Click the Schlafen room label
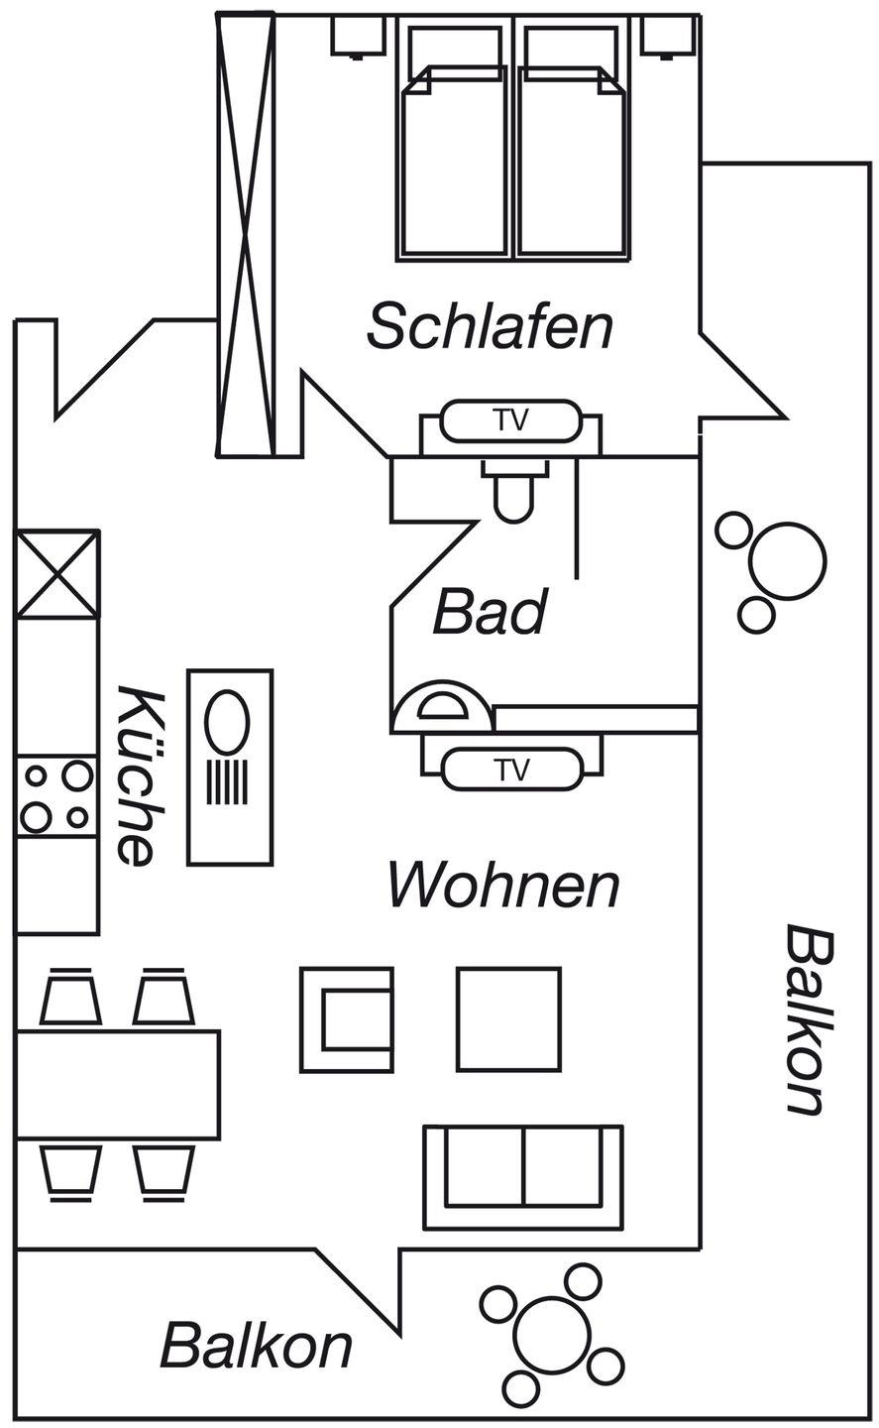coord(490,326)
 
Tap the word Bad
coord(490,612)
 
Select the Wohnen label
coord(503,885)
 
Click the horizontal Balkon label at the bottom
coord(257,1346)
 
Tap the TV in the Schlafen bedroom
coord(510,420)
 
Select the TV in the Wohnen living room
coord(511,769)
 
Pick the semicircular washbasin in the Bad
coord(440,706)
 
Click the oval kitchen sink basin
coord(227,722)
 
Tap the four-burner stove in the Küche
coord(56,795)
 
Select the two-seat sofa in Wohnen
coord(522,1176)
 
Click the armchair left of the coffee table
coord(348,1019)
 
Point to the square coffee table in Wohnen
coord(508,1019)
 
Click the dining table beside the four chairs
coord(118,1084)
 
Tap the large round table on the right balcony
coord(788,561)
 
